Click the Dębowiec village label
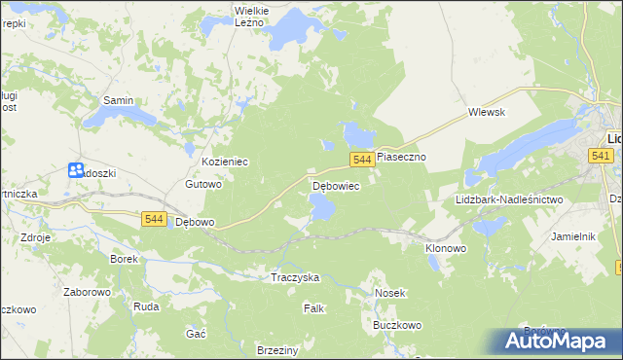click(336, 185)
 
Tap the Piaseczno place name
click(402, 156)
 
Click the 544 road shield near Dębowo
click(153, 220)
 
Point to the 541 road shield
click(600, 156)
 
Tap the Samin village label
click(118, 100)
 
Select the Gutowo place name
click(204, 183)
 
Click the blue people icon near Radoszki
click(76, 170)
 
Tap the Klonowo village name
click(446, 248)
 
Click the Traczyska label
click(295, 277)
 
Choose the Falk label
click(313, 308)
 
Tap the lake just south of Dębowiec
click(321, 205)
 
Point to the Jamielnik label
click(572, 236)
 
